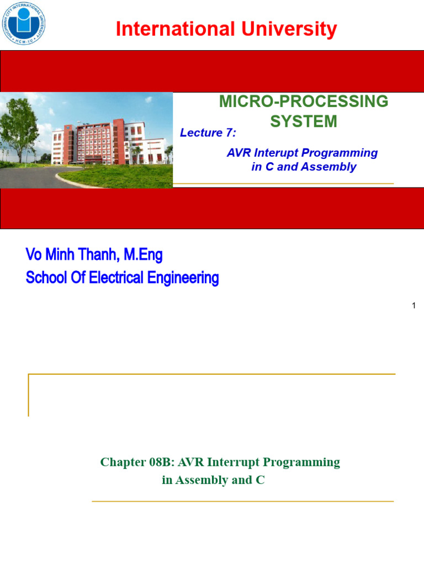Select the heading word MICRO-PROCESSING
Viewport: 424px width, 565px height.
pos(304,102)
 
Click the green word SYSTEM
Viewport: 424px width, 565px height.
pos(303,121)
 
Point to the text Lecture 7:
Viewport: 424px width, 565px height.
pos(208,133)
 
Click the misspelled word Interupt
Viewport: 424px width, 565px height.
pos(273,153)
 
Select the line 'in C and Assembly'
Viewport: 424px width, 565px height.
pos(304,167)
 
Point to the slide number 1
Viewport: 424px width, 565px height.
pos(414,306)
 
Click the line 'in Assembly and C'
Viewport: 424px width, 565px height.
pos(213,480)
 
